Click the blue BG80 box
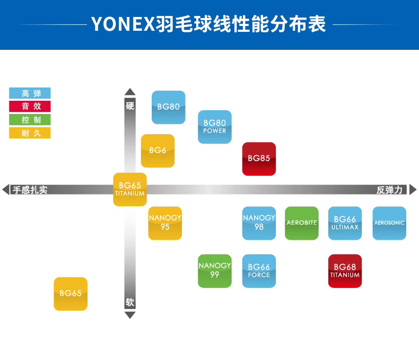169,107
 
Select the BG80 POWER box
215,127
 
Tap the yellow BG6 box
158,151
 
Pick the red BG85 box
259,159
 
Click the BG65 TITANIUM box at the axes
130,189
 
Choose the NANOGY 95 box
165,223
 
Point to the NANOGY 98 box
259,223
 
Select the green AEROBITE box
302,223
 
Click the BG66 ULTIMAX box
345,223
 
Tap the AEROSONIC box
389,223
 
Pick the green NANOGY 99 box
215,271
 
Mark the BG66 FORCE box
259,271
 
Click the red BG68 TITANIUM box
345,271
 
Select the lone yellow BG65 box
71,294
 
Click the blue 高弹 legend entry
30,93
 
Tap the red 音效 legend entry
30,107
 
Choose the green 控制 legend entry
30,120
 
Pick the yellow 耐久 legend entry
30,133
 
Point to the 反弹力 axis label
390,190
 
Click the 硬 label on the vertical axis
130,106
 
